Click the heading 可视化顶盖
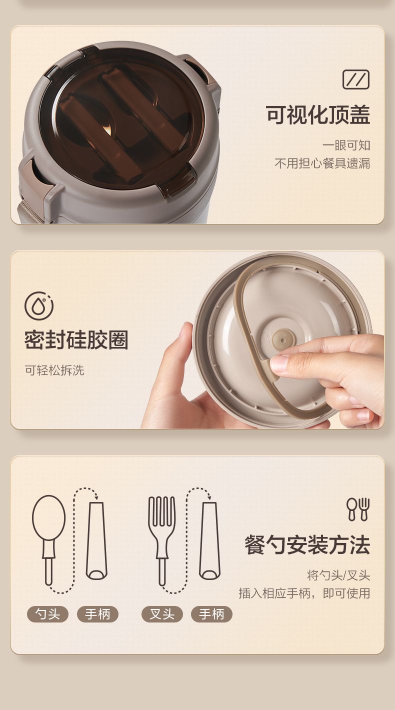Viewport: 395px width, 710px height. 317,114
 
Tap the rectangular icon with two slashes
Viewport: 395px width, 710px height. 355,79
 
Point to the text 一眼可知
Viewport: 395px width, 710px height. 346,145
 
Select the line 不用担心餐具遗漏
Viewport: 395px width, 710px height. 322,163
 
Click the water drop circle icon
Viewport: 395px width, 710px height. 39,306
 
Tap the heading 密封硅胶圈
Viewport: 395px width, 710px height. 76,340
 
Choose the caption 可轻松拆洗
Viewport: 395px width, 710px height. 54,370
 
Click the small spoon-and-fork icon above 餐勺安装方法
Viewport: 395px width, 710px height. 358,509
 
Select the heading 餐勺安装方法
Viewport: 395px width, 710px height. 307,545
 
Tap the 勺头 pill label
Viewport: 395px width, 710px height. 47,614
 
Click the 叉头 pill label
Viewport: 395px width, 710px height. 162,614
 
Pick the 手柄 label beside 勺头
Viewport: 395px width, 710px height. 97,614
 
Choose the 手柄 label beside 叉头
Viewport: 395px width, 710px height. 211,614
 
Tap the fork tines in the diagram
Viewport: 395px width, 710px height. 161,511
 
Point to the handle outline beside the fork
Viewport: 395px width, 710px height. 209,540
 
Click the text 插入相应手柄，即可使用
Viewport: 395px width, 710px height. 304,593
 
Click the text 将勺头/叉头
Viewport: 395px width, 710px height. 338,575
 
